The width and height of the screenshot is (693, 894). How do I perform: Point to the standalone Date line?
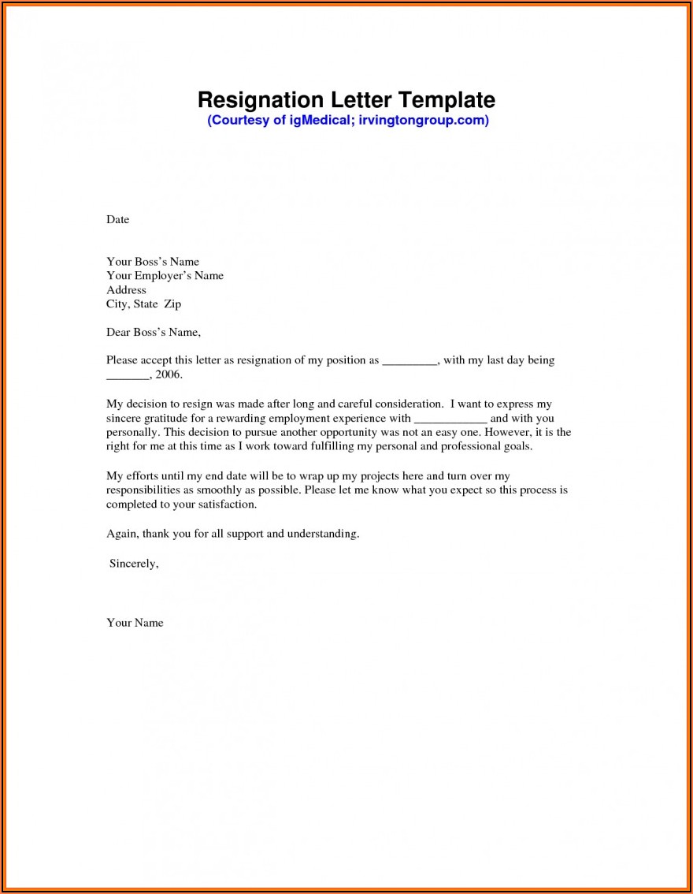(117, 219)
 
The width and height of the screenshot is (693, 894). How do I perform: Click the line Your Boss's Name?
(153, 262)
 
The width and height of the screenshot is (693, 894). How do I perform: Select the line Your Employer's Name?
(165, 276)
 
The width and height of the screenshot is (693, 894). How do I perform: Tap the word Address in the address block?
(126, 290)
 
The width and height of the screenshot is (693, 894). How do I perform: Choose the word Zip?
(172, 304)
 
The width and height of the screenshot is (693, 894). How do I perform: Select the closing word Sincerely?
(134, 564)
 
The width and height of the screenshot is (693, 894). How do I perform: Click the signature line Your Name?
(135, 623)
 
